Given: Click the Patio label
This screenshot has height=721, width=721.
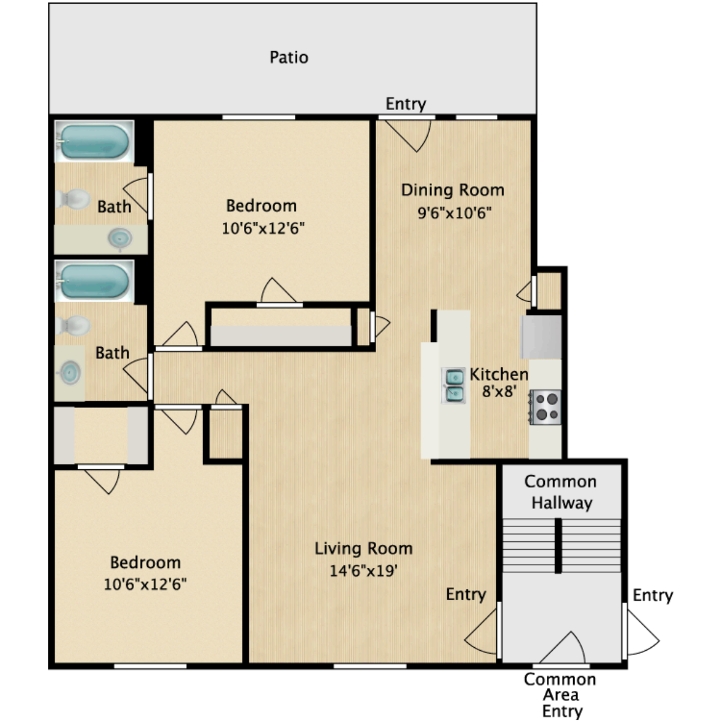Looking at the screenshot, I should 288,58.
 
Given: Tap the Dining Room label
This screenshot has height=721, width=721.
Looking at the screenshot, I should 452,190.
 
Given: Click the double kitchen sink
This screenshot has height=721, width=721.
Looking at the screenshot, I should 454,385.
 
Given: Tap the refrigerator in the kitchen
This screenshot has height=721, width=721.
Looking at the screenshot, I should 541,336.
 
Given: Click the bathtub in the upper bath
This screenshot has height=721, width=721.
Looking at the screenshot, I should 94,141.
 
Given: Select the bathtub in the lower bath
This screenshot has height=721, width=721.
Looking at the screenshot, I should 94,281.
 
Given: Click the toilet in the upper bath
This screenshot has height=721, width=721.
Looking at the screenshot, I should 72,199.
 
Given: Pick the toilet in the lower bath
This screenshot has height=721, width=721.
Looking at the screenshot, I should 72,325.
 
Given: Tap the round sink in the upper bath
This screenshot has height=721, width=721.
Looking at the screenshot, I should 120,239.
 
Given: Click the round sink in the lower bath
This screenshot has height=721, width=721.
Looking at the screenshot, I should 70,373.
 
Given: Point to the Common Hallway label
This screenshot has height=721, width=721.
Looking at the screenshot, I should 561,492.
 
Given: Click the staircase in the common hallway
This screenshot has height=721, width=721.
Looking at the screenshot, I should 561,545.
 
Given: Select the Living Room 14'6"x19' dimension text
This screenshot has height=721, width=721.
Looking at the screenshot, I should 363,570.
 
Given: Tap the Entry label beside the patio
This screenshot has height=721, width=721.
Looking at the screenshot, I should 406,104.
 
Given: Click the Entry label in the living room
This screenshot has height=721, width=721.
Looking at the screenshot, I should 466,594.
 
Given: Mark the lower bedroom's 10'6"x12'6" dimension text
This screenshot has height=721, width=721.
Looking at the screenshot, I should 145,584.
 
